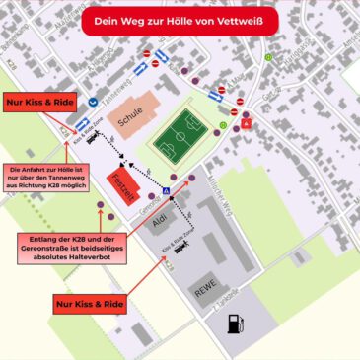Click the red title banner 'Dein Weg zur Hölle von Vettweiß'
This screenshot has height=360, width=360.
point(180,19)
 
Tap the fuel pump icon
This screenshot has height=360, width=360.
point(234,324)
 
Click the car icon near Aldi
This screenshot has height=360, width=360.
point(180,249)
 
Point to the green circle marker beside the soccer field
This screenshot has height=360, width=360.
point(223,126)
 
